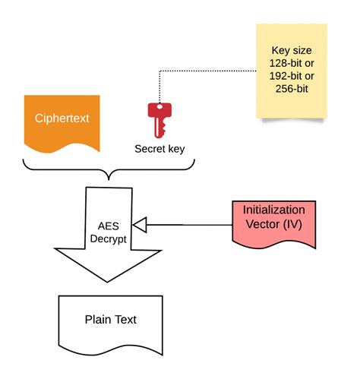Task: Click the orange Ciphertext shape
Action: [62, 121]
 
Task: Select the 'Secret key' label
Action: [160, 149]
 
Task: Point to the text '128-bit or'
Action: [291, 64]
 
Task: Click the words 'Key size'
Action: [291, 50]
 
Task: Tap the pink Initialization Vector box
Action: [273, 225]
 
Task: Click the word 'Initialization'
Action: [273, 210]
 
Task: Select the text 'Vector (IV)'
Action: [273, 225]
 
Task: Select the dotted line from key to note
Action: [205, 71]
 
